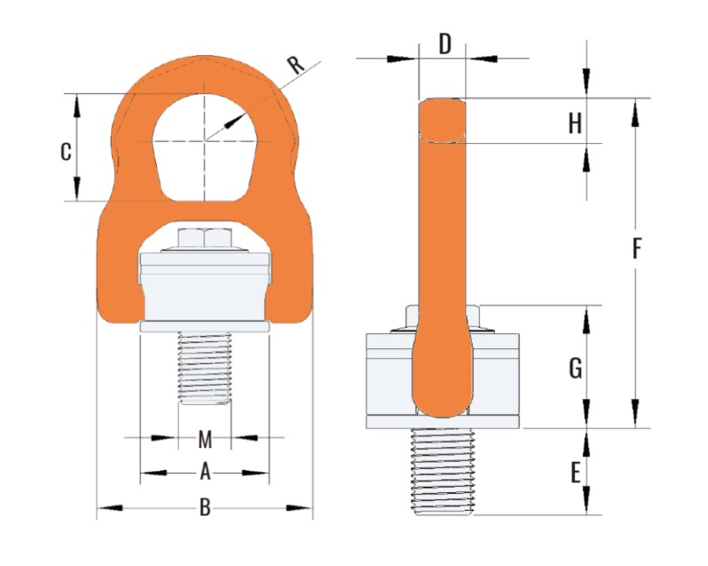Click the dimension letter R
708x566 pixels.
point(296,65)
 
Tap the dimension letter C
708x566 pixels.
point(66,151)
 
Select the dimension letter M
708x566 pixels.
point(205,439)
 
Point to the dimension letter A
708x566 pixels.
point(206,472)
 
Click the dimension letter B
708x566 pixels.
point(205,507)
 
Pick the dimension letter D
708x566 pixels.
point(445,44)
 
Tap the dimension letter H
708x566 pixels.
point(575,124)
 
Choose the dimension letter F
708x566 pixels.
point(636,249)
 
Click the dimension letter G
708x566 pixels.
point(575,369)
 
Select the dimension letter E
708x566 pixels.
point(575,474)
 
